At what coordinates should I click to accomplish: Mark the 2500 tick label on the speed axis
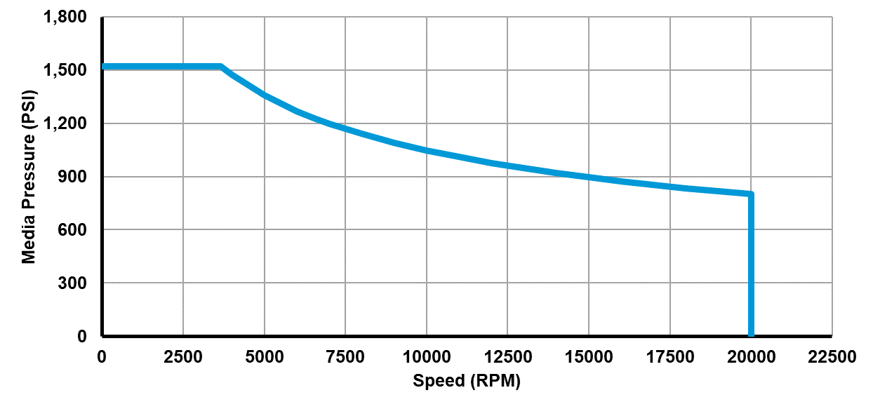pyautogui.click(x=183, y=357)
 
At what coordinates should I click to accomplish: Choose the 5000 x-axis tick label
pyautogui.click(x=265, y=357)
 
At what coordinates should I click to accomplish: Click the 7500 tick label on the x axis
pyautogui.click(x=345, y=357)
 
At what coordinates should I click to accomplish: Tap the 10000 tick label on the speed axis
pyautogui.click(x=427, y=357)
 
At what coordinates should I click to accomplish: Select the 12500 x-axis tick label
pyautogui.click(x=507, y=357)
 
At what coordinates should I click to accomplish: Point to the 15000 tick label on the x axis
pyautogui.click(x=589, y=357)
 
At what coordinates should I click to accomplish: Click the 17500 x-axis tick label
pyautogui.click(x=669, y=357)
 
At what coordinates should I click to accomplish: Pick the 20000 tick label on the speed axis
pyautogui.click(x=751, y=357)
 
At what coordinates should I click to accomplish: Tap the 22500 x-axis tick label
pyautogui.click(x=832, y=357)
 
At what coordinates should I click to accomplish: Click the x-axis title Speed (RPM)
pyautogui.click(x=467, y=381)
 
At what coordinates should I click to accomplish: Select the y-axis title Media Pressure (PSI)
pyautogui.click(x=28, y=177)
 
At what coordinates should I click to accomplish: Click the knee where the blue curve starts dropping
pyautogui.click(x=221, y=67)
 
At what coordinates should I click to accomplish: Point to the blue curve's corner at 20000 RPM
pyautogui.click(x=751, y=194)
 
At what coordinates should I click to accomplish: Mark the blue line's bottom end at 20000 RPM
pyautogui.click(x=751, y=334)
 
